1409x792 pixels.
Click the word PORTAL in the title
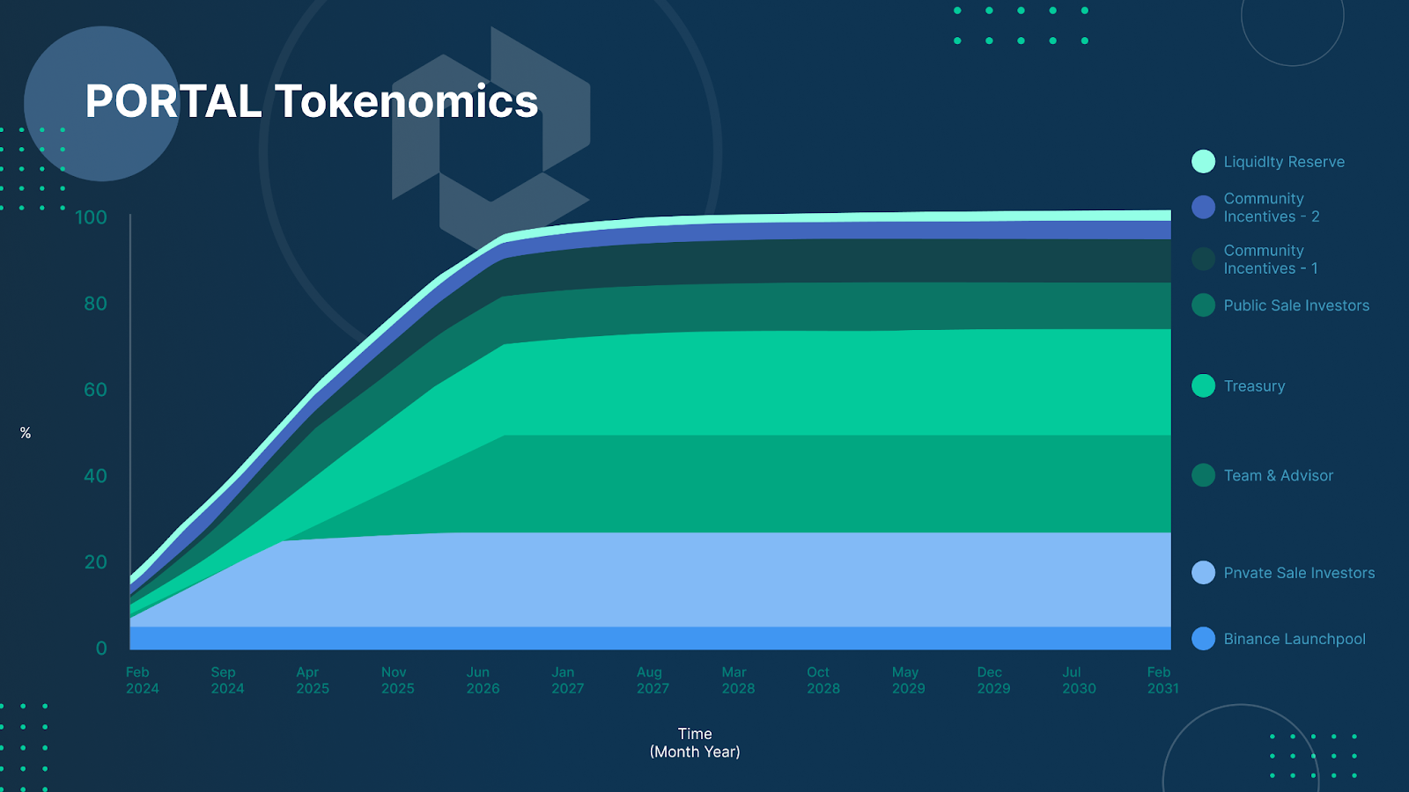coord(173,101)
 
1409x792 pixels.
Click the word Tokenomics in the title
coord(406,101)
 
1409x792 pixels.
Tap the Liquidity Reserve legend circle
coord(1203,162)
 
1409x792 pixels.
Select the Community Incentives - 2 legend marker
coord(1203,208)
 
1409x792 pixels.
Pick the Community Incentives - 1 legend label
coord(1271,260)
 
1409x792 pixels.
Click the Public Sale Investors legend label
coord(1296,305)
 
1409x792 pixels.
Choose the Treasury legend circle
coord(1203,386)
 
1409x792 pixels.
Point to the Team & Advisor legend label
coord(1278,476)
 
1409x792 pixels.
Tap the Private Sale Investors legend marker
coord(1203,573)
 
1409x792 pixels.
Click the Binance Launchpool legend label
coord(1295,639)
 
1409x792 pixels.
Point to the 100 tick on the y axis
coord(92,217)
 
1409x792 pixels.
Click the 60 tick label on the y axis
coord(96,390)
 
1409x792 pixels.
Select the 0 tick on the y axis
coord(101,648)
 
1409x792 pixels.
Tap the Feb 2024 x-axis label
coord(142,681)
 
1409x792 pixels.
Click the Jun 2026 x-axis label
coord(483,681)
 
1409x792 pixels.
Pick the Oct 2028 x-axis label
coord(823,681)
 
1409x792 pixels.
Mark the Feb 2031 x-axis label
coord(1162,681)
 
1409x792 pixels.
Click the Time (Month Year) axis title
coord(695,743)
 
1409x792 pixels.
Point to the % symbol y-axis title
coord(26,433)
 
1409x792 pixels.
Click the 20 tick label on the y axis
coord(96,562)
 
